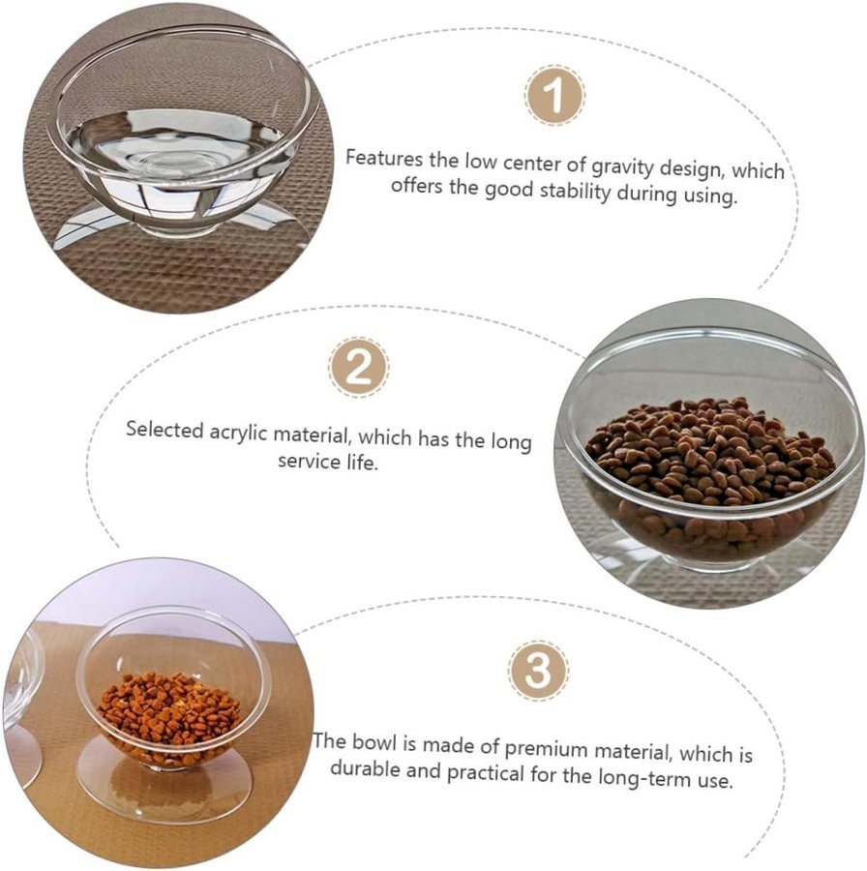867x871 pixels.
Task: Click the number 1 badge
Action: click(554, 95)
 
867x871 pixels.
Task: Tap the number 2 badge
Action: click(359, 367)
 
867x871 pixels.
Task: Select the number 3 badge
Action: click(538, 671)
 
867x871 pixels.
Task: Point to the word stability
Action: click(576, 192)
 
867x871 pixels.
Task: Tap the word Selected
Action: click(164, 430)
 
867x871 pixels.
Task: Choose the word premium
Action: click(546, 749)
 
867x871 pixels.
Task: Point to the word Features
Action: click(384, 159)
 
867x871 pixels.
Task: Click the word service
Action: click(309, 461)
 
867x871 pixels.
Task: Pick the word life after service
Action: click(362, 463)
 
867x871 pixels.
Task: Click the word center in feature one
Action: click(531, 164)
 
